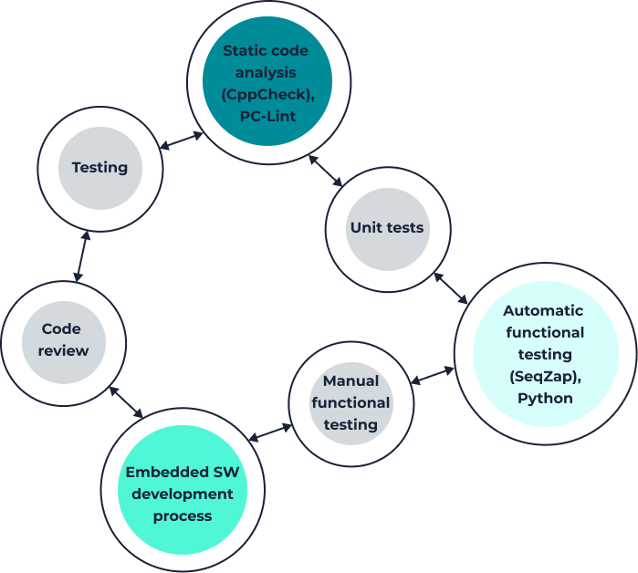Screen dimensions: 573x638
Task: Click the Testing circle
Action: (x=99, y=168)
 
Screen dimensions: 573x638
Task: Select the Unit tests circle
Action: (x=387, y=228)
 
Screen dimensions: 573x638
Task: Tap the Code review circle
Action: (x=63, y=340)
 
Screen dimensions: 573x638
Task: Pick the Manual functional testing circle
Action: (x=350, y=402)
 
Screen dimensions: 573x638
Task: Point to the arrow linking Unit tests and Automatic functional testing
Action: (x=451, y=288)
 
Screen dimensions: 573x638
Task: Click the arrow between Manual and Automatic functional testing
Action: (x=432, y=374)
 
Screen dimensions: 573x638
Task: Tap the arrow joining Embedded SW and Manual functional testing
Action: (x=268, y=432)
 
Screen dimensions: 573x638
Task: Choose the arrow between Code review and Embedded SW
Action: (x=126, y=402)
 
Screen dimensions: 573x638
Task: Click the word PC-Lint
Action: (x=267, y=117)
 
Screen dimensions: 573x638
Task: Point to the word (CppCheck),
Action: (x=267, y=95)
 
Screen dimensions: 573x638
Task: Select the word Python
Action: (x=545, y=398)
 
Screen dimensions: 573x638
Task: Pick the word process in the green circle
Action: (x=183, y=516)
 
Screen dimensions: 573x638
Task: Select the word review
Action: (x=63, y=351)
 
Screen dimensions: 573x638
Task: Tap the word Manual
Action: (x=350, y=381)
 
